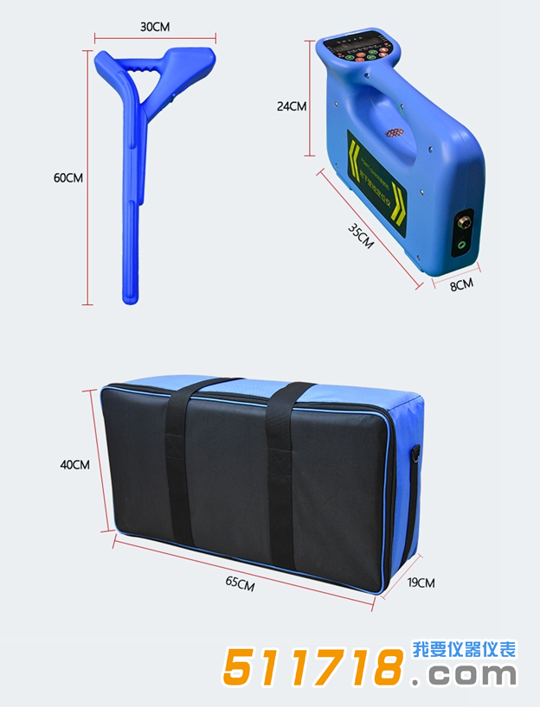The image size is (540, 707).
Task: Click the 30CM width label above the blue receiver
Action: [x=155, y=27]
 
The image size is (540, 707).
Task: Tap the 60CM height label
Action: [x=68, y=178]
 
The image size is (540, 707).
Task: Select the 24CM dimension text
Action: [x=292, y=106]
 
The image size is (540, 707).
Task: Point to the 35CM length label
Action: [x=361, y=237]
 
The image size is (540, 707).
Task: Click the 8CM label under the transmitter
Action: [x=461, y=284]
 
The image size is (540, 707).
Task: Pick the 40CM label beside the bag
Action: [x=74, y=464]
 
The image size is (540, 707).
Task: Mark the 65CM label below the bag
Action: [x=240, y=583]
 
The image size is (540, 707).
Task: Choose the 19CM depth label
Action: [x=421, y=583]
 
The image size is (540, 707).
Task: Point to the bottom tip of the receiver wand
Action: [x=129, y=296]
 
